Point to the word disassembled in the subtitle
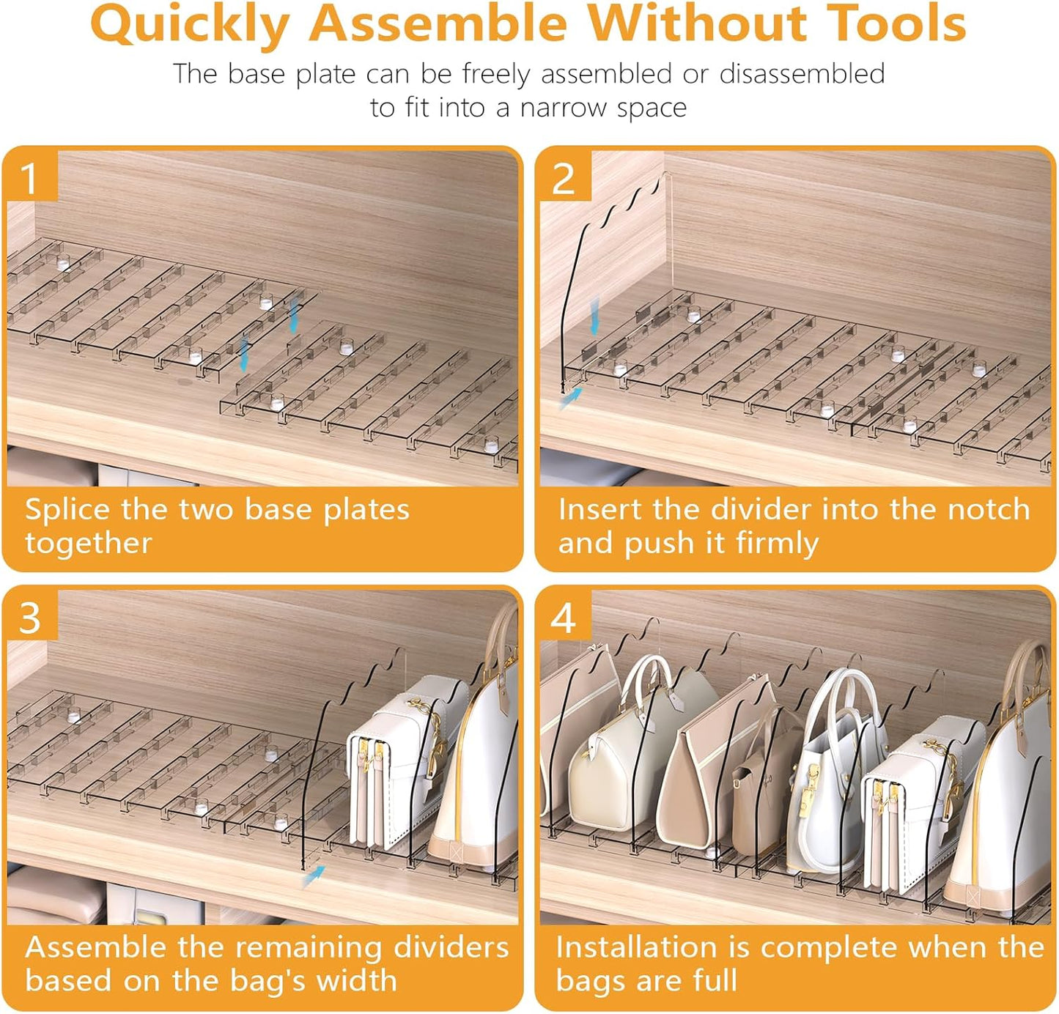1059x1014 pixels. click(802, 73)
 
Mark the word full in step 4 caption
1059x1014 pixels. click(715, 980)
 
